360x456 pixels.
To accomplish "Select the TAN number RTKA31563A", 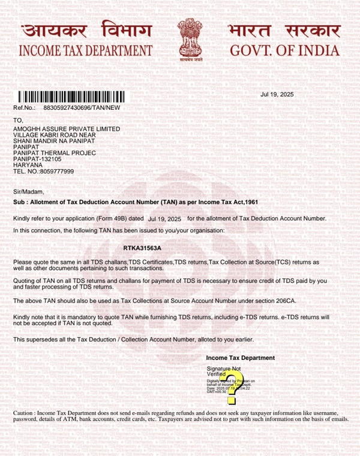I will (x=142, y=248).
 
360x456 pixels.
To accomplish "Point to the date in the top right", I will (x=277, y=95).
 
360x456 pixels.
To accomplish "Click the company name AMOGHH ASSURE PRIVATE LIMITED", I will (x=67, y=129).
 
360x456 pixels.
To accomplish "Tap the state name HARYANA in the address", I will (x=28, y=165).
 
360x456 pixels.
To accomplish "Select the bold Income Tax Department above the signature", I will (x=240, y=358).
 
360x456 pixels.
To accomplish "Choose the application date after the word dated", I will (x=164, y=219).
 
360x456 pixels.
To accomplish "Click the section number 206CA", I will (x=283, y=300).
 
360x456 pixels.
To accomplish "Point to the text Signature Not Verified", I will (x=223, y=371).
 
